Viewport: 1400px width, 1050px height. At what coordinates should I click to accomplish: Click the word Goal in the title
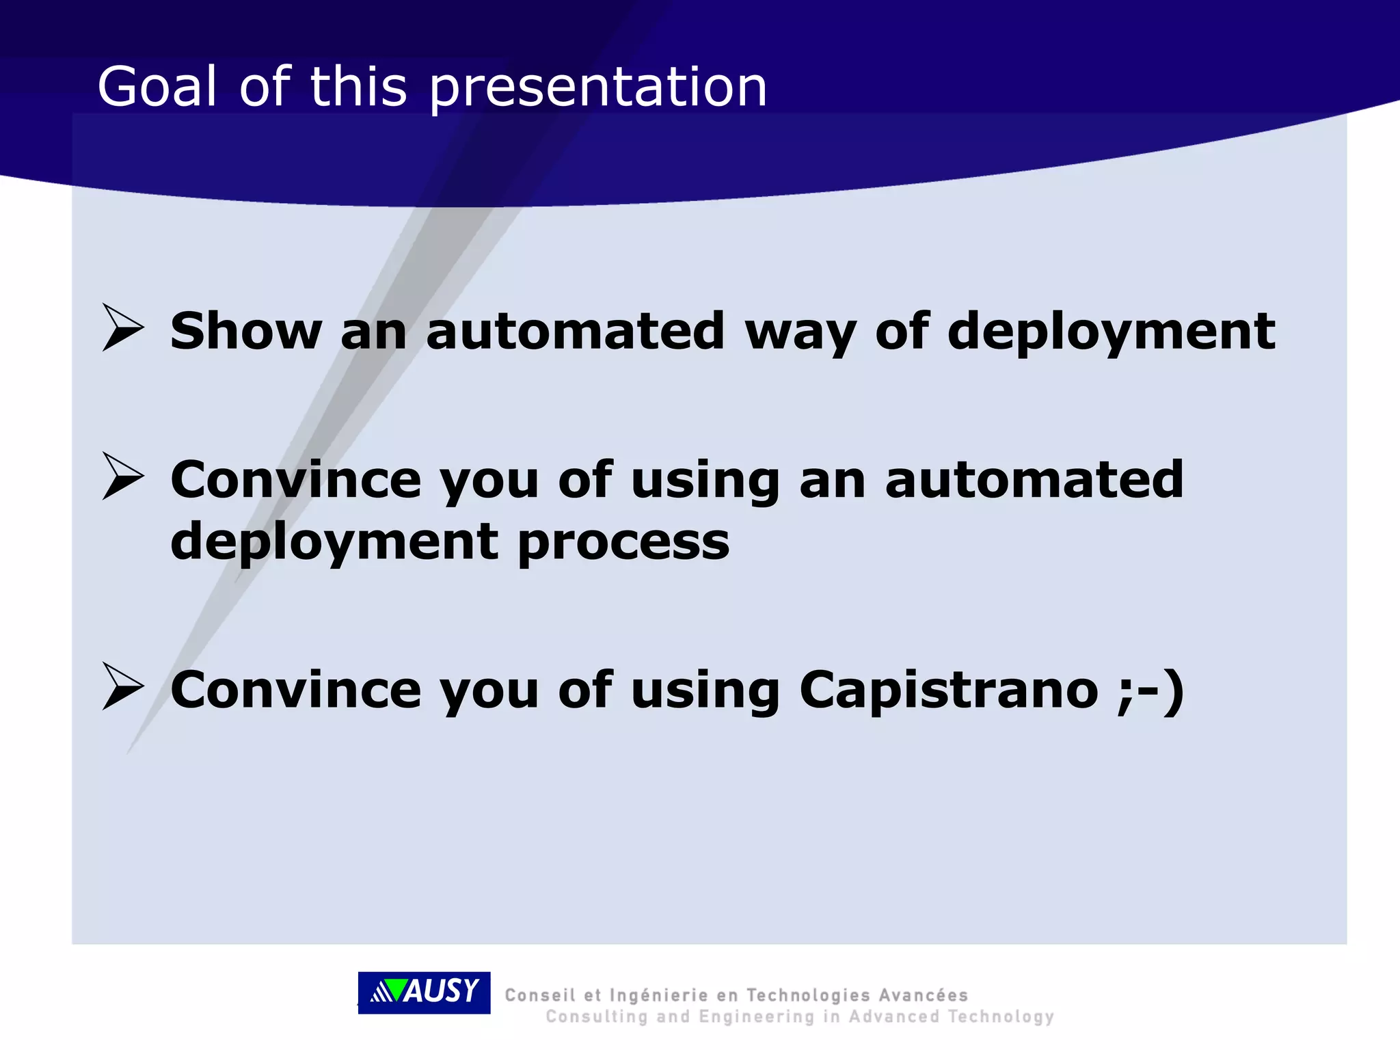tap(157, 87)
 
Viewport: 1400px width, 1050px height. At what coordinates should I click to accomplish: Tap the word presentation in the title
tap(598, 89)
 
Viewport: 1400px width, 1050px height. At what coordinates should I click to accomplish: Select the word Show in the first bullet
tap(245, 331)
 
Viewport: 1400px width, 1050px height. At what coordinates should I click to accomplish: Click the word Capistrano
tap(948, 691)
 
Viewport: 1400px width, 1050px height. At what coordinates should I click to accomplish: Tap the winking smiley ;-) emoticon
tap(1150, 691)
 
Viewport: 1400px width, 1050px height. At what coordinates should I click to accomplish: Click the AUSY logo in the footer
tap(424, 992)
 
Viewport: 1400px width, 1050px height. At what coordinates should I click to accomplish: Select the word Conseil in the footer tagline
tap(539, 995)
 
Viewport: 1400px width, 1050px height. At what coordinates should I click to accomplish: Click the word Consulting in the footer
tap(596, 1017)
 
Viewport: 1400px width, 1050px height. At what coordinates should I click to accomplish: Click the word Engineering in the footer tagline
tap(756, 1017)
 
